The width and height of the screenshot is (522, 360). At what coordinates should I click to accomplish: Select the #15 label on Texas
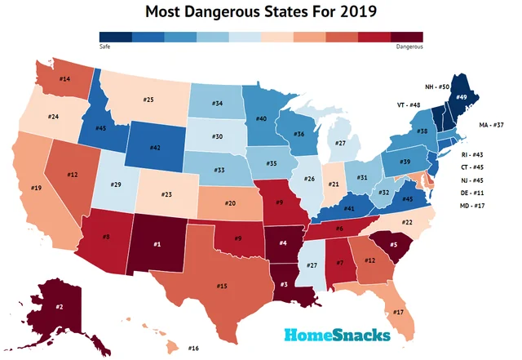[221, 286]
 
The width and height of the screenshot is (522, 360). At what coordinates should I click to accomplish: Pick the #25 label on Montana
[148, 100]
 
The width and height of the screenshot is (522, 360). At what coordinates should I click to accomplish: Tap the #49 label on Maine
[461, 96]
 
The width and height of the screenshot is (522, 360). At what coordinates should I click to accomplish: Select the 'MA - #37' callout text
[493, 125]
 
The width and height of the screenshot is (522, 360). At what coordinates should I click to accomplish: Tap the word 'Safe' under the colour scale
[104, 47]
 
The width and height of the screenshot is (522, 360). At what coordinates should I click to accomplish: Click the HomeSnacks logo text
[337, 335]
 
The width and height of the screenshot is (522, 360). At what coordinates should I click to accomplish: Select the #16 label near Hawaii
[193, 349]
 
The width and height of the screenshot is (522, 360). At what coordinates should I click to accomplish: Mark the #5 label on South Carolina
[392, 244]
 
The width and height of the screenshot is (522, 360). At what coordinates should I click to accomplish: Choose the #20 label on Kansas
[231, 202]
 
